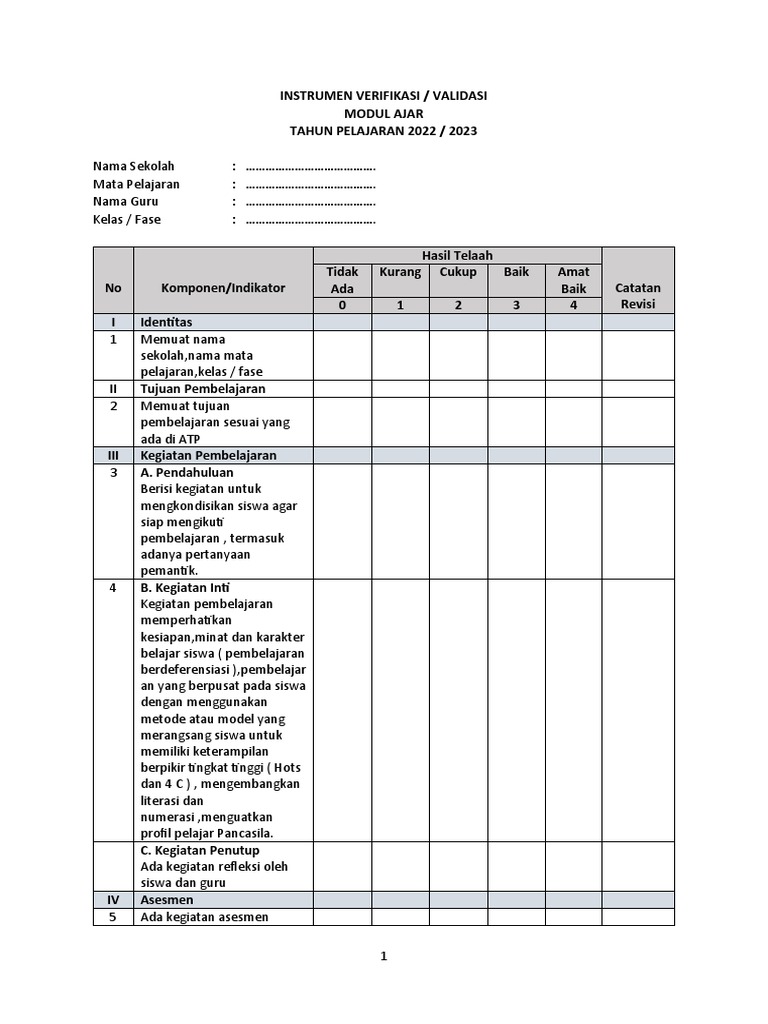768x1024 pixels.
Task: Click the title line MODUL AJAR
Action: point(382,114)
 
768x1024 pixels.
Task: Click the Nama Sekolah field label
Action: point(134,166)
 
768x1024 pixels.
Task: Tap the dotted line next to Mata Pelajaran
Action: point(310,184)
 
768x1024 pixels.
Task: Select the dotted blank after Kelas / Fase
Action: point(310,220)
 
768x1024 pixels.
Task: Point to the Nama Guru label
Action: point(126,202)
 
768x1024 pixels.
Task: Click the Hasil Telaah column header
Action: point(457,256)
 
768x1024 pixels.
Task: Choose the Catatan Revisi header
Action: point(638,296)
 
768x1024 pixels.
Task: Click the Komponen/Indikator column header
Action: point(223,288)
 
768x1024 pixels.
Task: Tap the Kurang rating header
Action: point(400,272)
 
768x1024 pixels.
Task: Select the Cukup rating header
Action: point(458,272)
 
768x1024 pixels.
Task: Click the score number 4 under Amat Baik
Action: point(573,306)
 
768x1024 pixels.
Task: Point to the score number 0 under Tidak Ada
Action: point(342,306)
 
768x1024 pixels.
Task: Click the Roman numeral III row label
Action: point(113,455)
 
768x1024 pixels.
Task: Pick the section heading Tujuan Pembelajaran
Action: point(203,388)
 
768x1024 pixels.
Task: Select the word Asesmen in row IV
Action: point(165,900)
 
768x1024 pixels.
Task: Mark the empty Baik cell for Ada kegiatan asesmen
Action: point(516,917)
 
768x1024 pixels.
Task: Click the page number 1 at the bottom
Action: point(383,957)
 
